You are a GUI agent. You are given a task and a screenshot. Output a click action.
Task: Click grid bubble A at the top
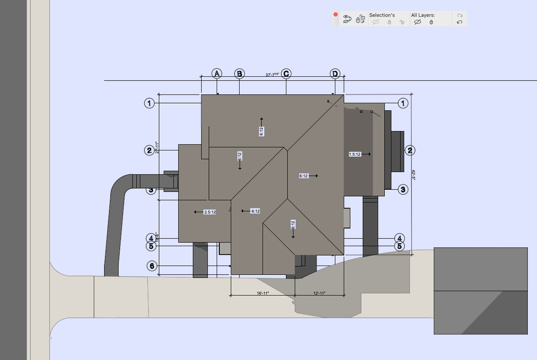point(217,74)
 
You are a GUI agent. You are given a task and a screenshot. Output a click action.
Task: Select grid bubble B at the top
point(240,74)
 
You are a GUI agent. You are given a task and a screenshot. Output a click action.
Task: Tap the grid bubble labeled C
point(286,74)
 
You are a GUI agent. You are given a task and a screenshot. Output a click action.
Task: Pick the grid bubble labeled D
point(335,74)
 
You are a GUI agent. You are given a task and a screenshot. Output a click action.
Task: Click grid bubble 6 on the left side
point(152,266)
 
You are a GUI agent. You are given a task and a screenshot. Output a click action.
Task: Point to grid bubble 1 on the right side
point(402,103)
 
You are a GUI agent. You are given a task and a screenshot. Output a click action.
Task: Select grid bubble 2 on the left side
point(149,150)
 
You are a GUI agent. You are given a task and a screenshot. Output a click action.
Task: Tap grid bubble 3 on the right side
point(404,189)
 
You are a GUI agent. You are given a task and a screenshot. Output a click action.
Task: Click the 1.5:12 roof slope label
point(355,154)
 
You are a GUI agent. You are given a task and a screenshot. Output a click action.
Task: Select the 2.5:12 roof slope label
point(210,212)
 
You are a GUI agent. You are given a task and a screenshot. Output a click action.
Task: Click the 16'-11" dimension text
point(263,293)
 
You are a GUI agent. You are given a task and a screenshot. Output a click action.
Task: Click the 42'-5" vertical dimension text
point(414,175)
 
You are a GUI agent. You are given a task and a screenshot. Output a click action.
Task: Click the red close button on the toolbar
point(335,15)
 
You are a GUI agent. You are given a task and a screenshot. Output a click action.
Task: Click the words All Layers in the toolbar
point(423,15)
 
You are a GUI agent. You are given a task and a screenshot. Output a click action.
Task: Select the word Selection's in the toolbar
point(382,15)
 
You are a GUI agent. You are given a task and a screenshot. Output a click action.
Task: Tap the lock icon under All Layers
point(431,22)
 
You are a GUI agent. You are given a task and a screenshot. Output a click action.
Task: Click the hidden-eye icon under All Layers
point(417,22)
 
